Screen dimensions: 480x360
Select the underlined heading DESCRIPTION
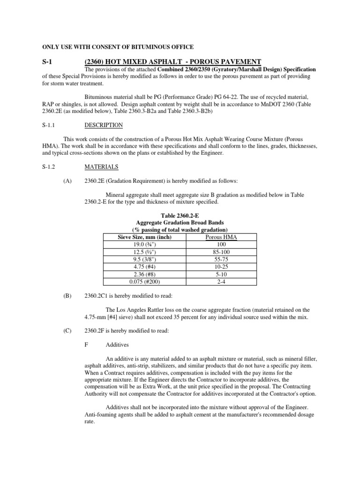pyautogui.click(x=104, y=125)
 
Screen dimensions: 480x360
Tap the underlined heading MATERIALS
pyautogui.click(x=102, y=166)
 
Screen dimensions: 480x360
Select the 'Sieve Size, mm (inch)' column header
pyautogui.click(x=144, y=238)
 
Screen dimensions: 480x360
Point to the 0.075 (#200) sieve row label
pyautogui.click(x=144, y=281)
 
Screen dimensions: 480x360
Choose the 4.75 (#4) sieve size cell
pyautogui.click(x=144, y=267)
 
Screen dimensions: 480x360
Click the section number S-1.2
pyautogui.click(x=44, y=166)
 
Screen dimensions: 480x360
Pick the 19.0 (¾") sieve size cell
pyautogui.click(x=144, y=245)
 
